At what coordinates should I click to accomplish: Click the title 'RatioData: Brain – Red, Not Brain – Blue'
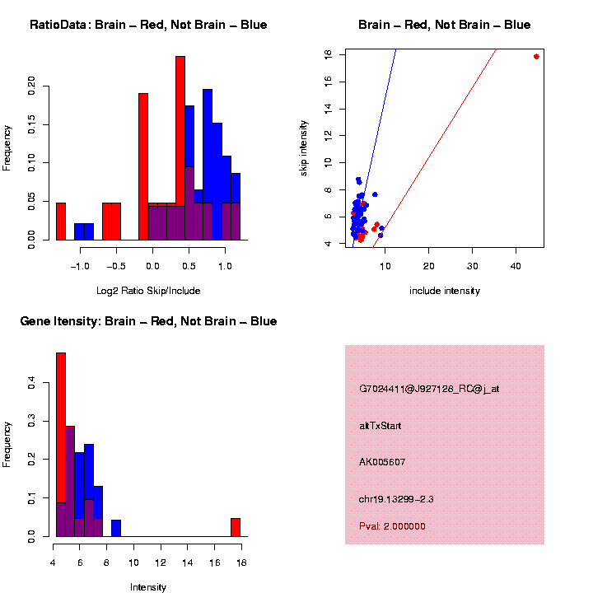pos(148,25)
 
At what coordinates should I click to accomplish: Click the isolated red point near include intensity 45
pos(536,57)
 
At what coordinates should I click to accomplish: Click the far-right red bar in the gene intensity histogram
pos(236,527)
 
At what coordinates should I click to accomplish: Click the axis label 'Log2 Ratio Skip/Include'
pos(148,291)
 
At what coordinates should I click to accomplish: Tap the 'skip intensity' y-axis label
pos(303,147)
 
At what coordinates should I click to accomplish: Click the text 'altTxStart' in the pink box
pos(381,426)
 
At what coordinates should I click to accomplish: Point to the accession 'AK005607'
pos(382,462)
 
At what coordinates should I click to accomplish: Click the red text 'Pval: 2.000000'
pos(392,525)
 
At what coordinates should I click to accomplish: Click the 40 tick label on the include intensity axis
pos(516,266)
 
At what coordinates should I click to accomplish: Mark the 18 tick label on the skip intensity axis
pos(329,54)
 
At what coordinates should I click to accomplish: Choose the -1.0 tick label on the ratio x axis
pos(80,266)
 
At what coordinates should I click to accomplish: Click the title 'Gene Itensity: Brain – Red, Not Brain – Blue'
pos(148,321)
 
